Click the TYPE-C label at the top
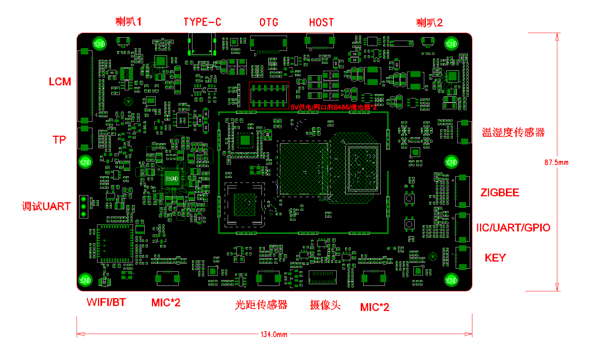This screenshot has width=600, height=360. pyautogui.click(x=202, y=22)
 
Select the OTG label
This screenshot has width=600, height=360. pyautogui.click(x=269, y=23)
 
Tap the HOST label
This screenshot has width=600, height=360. pyautogui.click(x=321, y=23)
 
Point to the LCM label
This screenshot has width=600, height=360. pyautogui.click(x=60, y=82)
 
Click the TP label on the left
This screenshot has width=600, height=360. pyautogui.click(x=59, y=140)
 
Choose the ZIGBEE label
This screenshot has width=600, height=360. pyautogui.click(x=500, y=193)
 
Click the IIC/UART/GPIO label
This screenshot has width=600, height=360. pyautogui.click(x=513, y=228)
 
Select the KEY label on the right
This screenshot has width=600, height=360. pyautogui.click(x=495, y=258)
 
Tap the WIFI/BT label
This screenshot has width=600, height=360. pyautogui.click(x=106, y=302)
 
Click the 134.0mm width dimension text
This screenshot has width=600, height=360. pyautogui.click(x=274, y=334)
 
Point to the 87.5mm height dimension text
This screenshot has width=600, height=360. pyautogui.click(x=556, y=162)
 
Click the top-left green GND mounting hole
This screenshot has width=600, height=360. pyautogui.click(x=99, y=44)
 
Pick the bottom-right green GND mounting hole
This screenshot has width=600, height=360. pyautogui.click(x=451, y=280)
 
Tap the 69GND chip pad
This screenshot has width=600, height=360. pyautogui.click(x=172, y=179)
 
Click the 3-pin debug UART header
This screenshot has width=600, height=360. pyautogui.click(x=84, y=207)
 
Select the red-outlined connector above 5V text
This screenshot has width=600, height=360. pyautogui.click(x=269, y=95)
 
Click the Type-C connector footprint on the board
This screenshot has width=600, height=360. pyautogui.click(x=202, y=44)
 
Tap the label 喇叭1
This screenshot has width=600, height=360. pyautogui.click(x=128, y=22)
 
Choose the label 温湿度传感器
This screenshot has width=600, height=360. pyautogui.click(x=513, y=133)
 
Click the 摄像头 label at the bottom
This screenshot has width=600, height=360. pyautogui.click(x=325, y=305)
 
